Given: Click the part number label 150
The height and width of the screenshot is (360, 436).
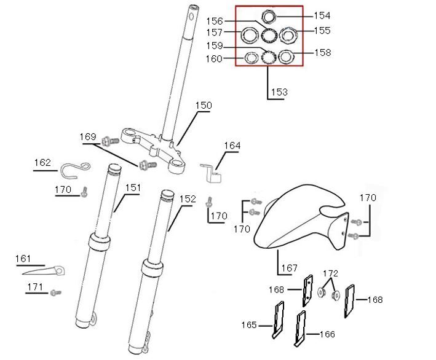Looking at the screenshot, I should [203, 105].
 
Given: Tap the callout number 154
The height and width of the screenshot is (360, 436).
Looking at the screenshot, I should [322, 15].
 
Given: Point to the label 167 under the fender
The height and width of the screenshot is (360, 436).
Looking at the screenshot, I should [289, 268].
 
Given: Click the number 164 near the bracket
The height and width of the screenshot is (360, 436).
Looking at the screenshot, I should [232, 146].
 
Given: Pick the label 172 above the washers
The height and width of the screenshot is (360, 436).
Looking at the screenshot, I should [330, 272].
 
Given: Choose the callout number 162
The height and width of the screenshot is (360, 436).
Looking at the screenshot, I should [42, 163].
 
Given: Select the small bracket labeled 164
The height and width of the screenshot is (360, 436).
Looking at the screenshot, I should [212, 171].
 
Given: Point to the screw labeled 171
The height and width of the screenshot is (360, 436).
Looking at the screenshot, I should [56, 292].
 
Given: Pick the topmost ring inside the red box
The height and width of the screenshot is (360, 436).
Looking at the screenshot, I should [269, 16].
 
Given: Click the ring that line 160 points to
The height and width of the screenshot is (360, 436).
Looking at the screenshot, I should [251, 58].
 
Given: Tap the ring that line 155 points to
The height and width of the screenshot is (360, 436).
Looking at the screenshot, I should [288, 34].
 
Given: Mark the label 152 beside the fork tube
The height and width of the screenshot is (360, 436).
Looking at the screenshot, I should [188, 199].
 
